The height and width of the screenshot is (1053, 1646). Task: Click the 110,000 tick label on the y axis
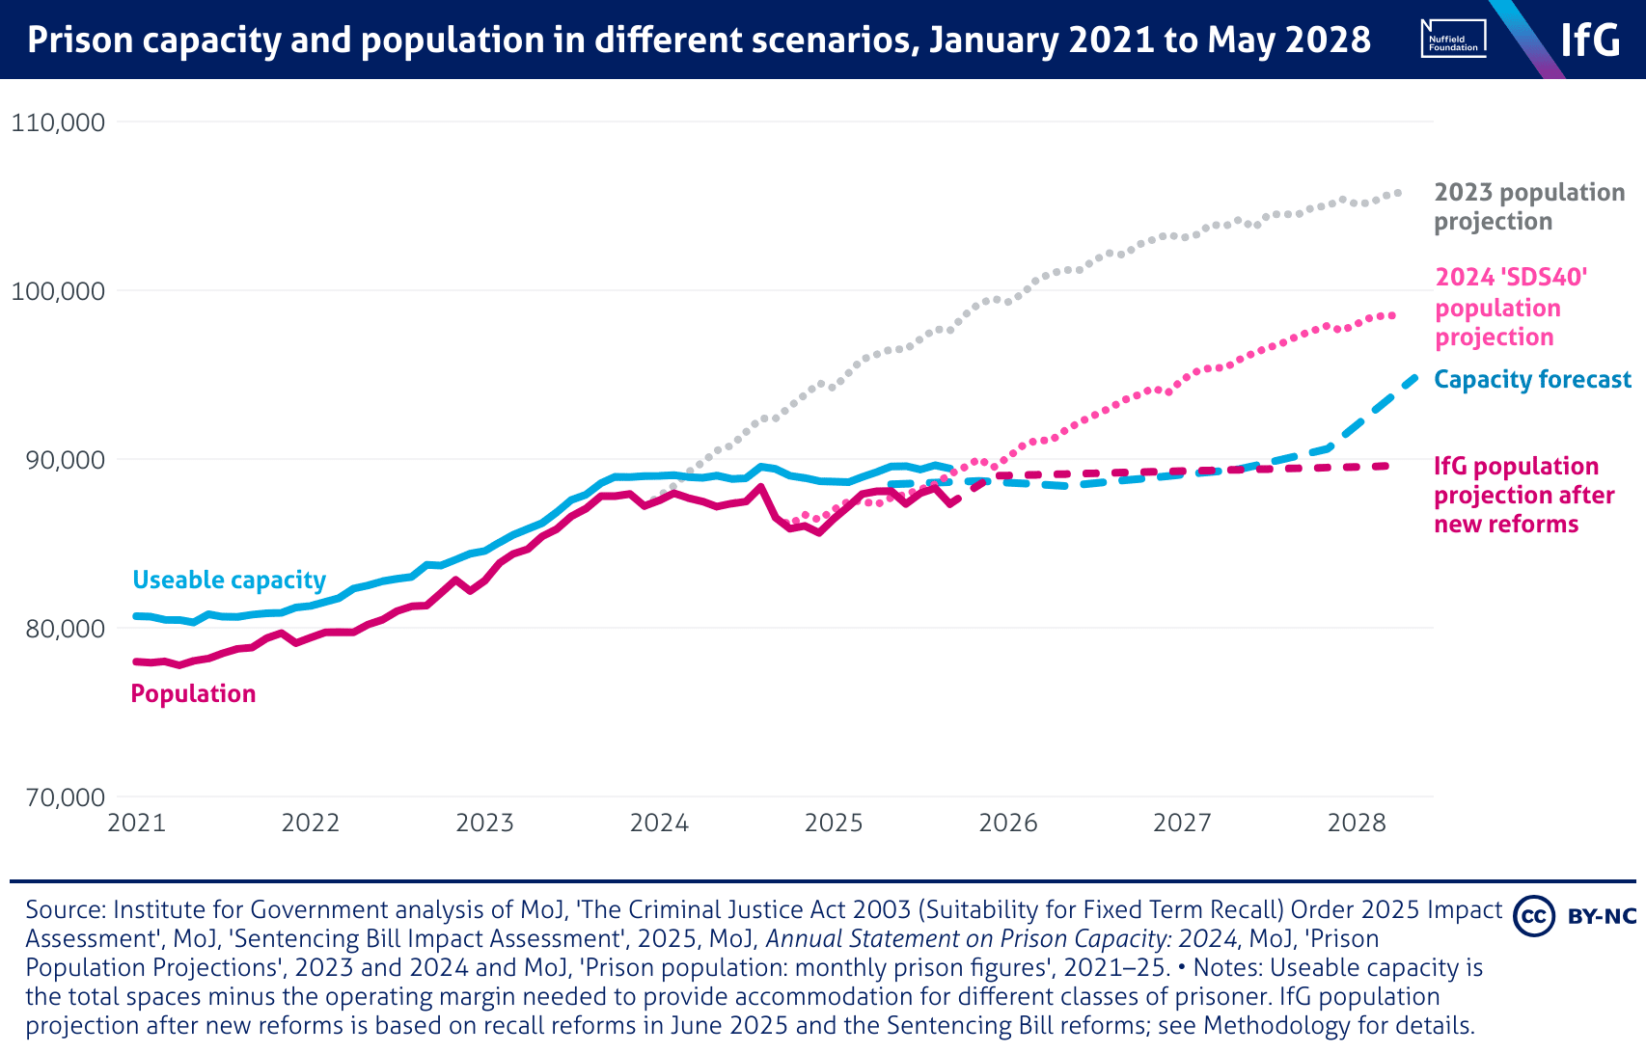[x=58, y=122]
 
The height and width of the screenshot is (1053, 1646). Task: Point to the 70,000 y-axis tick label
[x=58, y=797]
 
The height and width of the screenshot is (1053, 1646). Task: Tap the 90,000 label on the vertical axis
[x=58, y=460]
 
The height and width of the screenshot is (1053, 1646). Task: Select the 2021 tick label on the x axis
[x=136, y=823]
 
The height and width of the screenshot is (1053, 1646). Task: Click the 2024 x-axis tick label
[x=659, y=823]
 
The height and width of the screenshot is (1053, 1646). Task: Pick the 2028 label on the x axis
[x=1357, y=823]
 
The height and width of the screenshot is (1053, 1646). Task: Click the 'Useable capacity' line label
[x=229, y=580]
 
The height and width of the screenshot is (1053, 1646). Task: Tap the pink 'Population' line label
[x=193, y=694]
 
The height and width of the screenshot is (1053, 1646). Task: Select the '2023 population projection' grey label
[x=1528, y=207]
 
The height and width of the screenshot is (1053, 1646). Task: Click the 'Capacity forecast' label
[x=1532, y=380]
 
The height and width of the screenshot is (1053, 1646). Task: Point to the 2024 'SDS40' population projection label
[x=1511, y=308]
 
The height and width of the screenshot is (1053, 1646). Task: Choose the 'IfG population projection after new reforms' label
[x=1523, y=496]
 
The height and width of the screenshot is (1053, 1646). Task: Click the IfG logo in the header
[x=1591, y=40]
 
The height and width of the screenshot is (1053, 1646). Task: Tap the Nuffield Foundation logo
[x=1453, y=40]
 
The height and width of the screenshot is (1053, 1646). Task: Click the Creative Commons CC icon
[x=1533, y=915]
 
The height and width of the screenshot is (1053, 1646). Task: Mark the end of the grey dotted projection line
[x=1398, y=193]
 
